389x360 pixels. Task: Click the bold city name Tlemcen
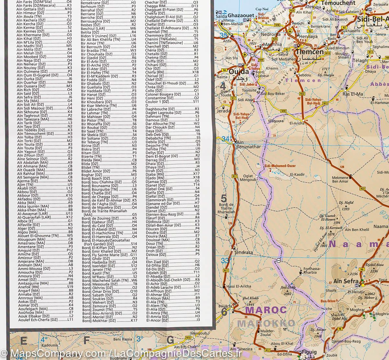point(309,52)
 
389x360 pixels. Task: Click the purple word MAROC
point(266,310)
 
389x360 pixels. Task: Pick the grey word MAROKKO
point(266,323)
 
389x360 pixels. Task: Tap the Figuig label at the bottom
point(309,352)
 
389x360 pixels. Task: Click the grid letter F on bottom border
point(87,340)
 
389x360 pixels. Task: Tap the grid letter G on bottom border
point(170,340)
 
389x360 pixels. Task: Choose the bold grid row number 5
point(223,198)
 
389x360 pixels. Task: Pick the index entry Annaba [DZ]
point(28,294)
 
